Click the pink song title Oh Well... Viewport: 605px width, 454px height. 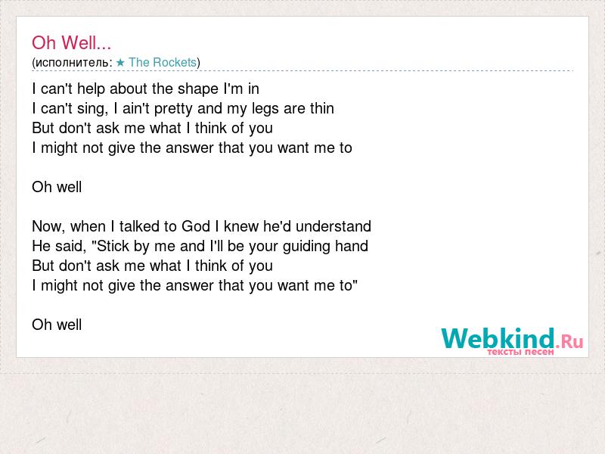pos(71,42)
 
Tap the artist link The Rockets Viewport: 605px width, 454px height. pos(163,62)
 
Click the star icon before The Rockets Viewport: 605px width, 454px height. pos(120,62)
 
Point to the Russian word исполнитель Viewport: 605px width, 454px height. pos(72,63)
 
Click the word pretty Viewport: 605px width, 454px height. pos(173,109)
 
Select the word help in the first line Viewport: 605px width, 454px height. pos(91,89)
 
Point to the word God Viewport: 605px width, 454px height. pos(196,226)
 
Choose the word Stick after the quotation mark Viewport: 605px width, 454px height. pos(113,246)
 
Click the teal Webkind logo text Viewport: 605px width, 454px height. pos(498,338)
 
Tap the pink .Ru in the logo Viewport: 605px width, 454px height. pos(569,341)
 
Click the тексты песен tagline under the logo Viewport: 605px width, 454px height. pos(520,352)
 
